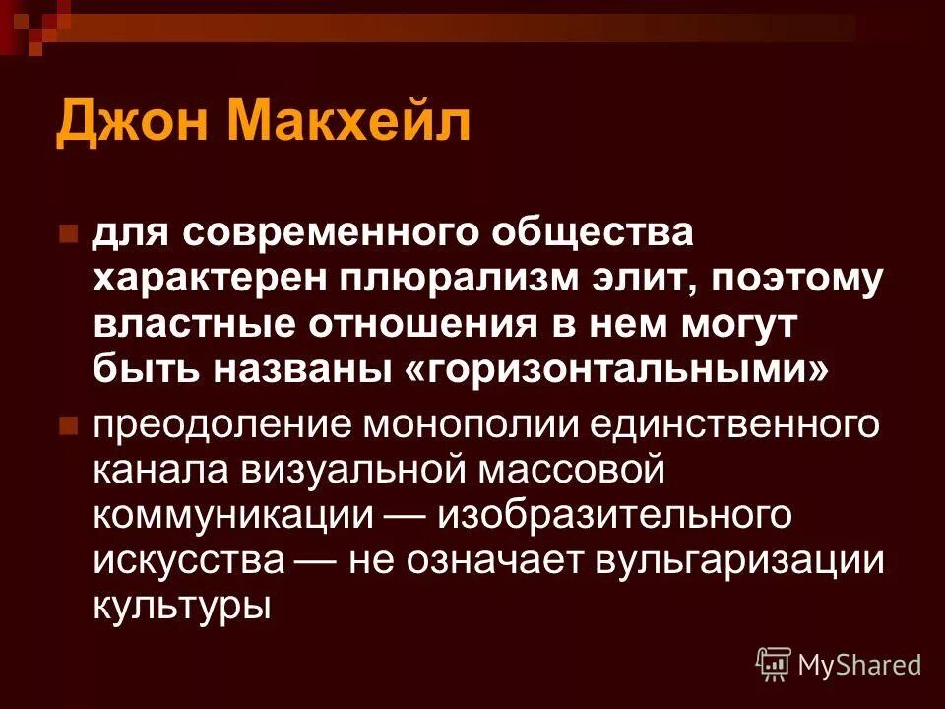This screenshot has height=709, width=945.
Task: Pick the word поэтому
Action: (802, 281)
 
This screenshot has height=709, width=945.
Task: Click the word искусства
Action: (191, 560)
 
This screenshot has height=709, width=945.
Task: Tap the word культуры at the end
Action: (181, 605)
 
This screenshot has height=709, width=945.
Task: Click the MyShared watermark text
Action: (859, 664)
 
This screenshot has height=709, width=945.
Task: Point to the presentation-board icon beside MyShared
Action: (774, 665)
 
